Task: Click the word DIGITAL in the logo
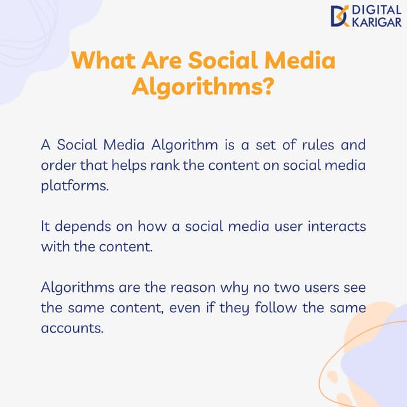click(x=376, y=10)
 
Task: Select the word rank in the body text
click(x=191, y=167)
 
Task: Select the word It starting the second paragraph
click(x=45, y=226)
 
